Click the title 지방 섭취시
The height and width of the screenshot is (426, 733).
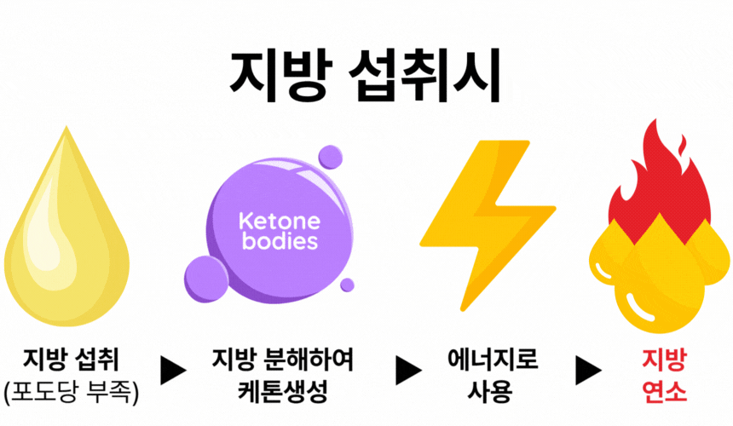click(365, 76)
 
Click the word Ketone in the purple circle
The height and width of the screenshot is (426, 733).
click(280, 221)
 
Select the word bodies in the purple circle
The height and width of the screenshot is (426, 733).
click(280, 241)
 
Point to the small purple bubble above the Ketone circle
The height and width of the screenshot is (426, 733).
click(331, 157)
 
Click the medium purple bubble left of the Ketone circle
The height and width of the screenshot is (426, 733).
click(206, 279)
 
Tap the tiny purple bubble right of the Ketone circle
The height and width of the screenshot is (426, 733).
click(348, 285)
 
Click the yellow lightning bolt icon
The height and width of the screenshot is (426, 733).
click(488, 226)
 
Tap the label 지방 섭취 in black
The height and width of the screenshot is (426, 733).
click(71, 360)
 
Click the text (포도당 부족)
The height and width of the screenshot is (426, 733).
click(71, 392)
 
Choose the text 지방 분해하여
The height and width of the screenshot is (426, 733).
click(283, 360)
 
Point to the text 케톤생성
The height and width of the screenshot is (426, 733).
click(283, 391)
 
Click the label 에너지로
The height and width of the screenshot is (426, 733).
click(493, 360)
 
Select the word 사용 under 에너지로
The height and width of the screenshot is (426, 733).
click(490, 391)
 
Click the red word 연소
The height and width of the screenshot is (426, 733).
click(664, 391)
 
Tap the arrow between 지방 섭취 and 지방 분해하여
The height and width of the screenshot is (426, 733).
click(173, 371)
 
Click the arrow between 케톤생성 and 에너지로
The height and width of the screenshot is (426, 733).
click(408, 371)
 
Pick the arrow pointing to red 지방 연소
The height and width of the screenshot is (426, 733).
click(588, 371)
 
